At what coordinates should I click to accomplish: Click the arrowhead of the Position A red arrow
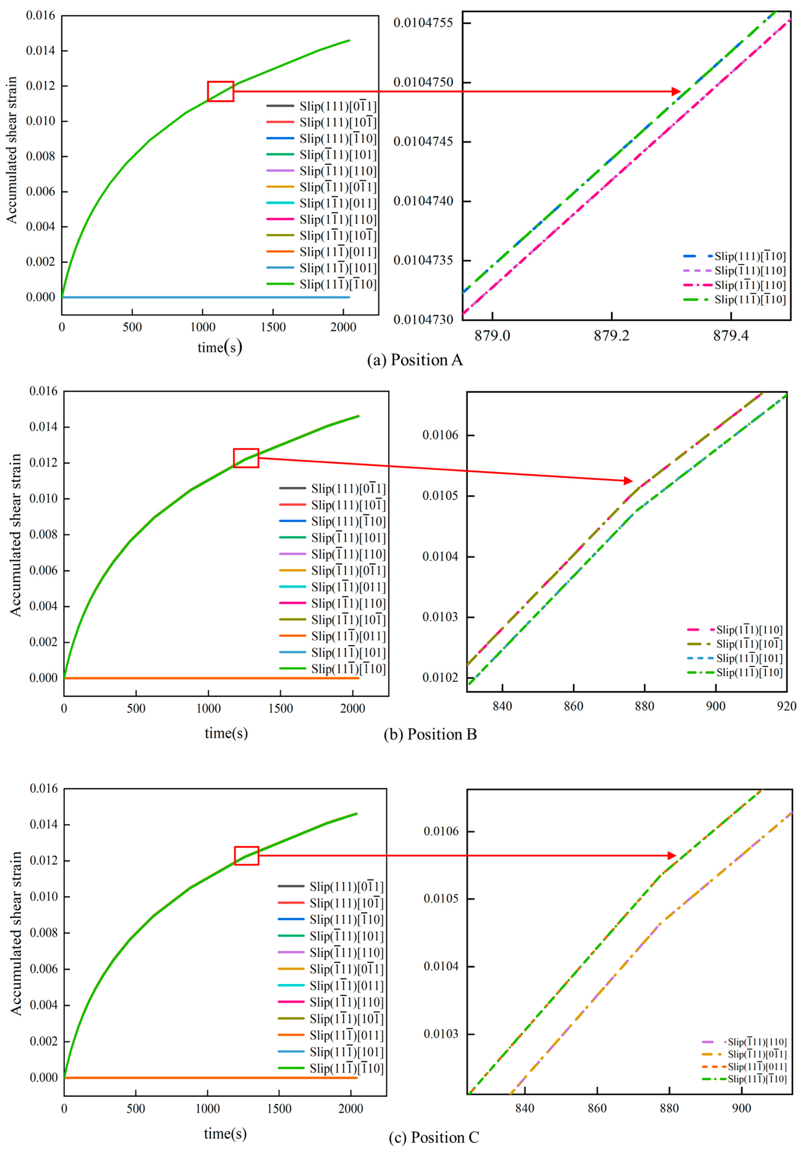[677, 91]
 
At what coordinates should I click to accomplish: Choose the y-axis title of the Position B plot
[16, 535]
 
